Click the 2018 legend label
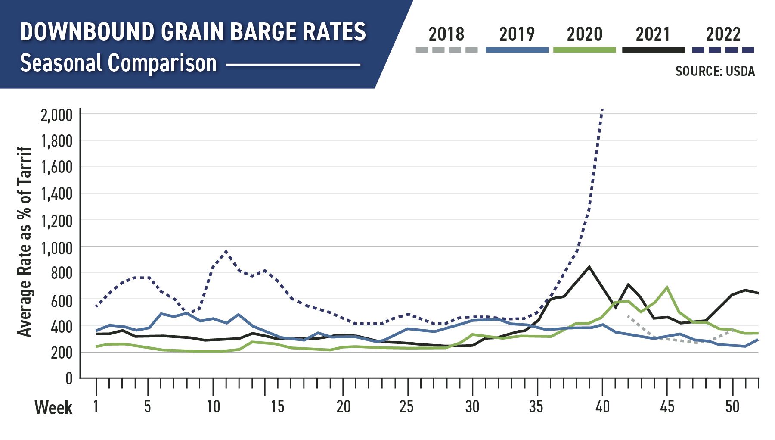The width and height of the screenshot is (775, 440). point(446,34)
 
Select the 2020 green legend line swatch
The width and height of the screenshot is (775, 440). point(584,50)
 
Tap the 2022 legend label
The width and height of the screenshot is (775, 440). point(723,34)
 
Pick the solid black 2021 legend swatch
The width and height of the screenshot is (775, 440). point(653,50)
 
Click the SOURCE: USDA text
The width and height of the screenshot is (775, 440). point(715,71)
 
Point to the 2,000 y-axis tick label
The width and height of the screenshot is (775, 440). point(56,115)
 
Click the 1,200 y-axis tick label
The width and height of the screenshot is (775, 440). point(56,221)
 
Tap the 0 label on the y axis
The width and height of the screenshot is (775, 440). point(69,379)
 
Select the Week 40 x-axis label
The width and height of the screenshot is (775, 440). point(602,406)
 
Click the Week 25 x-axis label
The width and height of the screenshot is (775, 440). point(406,406)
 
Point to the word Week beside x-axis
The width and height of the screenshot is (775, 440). point(53,408)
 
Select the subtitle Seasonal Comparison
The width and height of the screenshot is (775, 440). point(118,63)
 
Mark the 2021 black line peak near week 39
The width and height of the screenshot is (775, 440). point(589,267)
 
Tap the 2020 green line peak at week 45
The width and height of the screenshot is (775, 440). point(667,287)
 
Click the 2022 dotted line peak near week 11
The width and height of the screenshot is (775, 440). point(226,251)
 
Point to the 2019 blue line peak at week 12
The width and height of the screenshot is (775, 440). point(239,315)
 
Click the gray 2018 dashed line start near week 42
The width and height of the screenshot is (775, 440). point(628,316)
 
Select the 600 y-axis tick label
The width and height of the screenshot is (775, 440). point(62,300)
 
